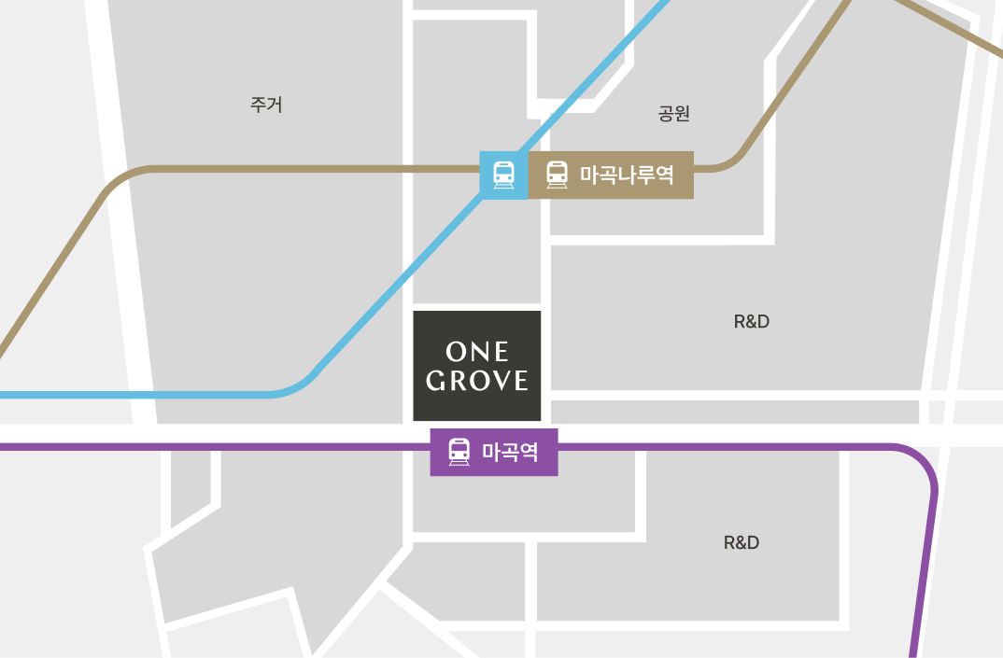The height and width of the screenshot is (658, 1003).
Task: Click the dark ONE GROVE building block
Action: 477,365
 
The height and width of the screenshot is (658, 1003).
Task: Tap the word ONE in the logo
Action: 477,352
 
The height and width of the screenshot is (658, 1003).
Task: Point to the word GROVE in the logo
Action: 477,381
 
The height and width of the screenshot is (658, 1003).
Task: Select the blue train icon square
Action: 503,175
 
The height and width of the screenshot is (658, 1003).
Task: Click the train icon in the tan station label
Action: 557,175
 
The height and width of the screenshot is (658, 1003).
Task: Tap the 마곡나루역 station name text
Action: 627,175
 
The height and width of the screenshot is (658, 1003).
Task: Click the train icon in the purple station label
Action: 459,452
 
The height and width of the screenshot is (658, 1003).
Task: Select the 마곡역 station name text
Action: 510,453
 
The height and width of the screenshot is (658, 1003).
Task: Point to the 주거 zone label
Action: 266,105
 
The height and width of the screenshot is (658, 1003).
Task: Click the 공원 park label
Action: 673,114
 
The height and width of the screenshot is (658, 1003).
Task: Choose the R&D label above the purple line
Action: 752,322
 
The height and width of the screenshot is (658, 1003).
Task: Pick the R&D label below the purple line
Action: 742,543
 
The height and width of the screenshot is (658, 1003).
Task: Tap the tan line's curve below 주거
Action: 120,179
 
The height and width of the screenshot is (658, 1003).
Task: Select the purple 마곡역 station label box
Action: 494,453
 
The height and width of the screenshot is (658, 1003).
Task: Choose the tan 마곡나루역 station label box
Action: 611,175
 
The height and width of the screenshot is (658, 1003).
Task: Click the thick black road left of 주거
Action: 131,280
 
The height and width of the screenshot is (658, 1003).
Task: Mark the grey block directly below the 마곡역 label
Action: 523,504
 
